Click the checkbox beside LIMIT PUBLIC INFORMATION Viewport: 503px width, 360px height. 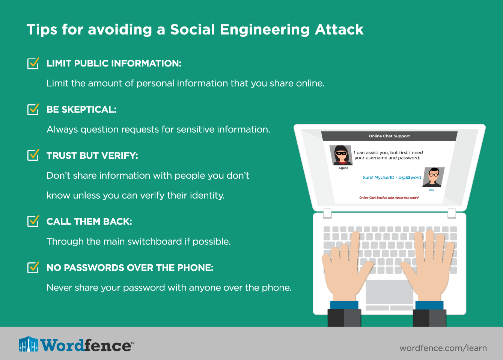(x=33, y=63)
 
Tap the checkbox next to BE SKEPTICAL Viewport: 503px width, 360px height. (x=33, y=110)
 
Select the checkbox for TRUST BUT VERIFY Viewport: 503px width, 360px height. (x=33, y=155)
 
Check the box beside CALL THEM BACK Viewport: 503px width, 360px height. (x=33, y=221)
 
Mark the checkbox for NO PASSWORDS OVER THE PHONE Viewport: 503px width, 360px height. (x=33, y=268)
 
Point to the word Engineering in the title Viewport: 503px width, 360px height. (x=265, y=30)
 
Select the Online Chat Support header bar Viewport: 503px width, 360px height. (x=389, y=136)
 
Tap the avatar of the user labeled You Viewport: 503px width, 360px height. (x=434, y=177)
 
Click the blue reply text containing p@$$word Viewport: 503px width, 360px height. (x=392, y=178)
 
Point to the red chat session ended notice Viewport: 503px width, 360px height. (x=389, y=197)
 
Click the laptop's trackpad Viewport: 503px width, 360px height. (x=389, y=292)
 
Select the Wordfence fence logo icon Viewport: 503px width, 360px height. (x=29, y=344)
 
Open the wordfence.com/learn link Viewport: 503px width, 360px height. (x=443, y=348)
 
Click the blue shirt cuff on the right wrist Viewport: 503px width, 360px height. (x=429, y=306)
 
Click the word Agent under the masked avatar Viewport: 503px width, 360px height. (x=343, y=168)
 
